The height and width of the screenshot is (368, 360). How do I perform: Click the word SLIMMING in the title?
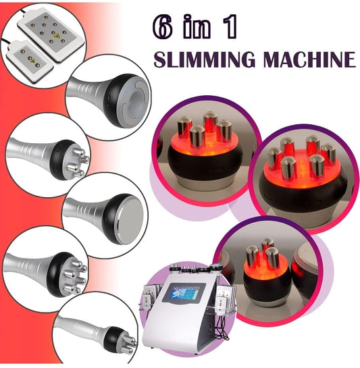coord(204,59)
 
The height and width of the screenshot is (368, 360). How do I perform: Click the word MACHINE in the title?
coord(309,59)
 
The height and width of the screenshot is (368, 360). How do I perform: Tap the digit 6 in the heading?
coord(162,28)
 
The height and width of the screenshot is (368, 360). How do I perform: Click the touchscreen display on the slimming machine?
coord(184,292)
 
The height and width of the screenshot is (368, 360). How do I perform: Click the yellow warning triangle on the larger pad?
coord(57,35)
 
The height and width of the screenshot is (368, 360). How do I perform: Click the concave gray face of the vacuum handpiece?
coord(136,102)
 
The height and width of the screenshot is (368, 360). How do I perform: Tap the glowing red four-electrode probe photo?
coord(206,150)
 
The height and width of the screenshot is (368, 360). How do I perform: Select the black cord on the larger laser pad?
coord(22,11)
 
